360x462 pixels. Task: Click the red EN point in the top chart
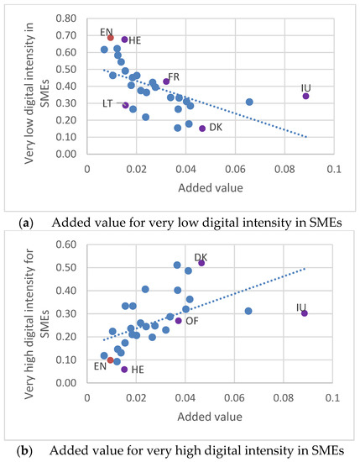110,38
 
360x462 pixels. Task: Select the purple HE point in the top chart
124,39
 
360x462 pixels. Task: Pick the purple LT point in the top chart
125,105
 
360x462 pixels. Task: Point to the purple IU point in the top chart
306,96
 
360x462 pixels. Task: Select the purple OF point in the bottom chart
178,320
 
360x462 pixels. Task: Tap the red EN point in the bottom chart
110,360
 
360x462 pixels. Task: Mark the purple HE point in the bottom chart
124,370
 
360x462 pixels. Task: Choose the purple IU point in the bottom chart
305,313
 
